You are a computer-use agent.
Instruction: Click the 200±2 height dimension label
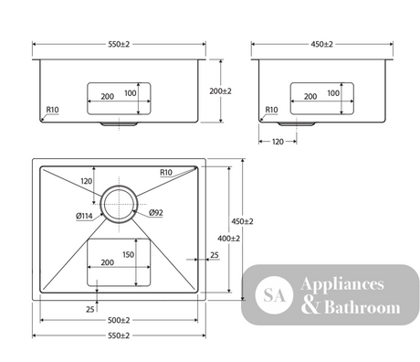(220, 91)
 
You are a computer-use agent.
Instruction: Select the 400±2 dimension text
(228, 239)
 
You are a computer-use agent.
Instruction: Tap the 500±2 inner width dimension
(119, 320)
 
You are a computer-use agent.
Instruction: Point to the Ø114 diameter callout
(84, 216)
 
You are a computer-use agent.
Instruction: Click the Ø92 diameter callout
(156, 213)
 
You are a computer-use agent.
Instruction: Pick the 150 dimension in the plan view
(128, 254)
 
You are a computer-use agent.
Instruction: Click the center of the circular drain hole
(119, 204)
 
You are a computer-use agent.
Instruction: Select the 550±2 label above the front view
(119, 44)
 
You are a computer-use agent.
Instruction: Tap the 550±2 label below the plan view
(119, 335)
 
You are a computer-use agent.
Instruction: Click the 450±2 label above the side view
(321, 44)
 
